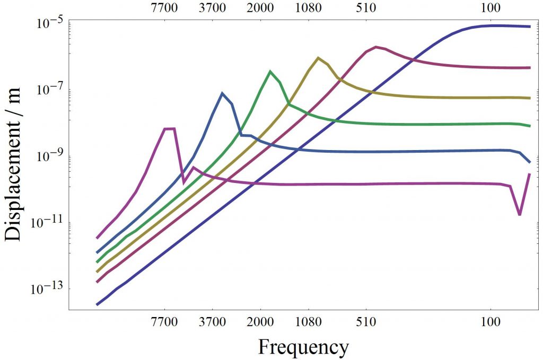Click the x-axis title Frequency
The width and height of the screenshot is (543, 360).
click(303, 347)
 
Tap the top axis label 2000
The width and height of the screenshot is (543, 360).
click(260, 8)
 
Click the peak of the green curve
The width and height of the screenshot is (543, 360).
click(270, 71)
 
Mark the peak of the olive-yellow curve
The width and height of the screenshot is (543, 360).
click(318, 58)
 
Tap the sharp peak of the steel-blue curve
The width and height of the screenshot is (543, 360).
click(222, 93)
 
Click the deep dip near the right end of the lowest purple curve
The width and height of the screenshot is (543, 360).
click(520, 214)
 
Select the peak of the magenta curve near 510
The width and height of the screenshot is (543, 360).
click(376, 47)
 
